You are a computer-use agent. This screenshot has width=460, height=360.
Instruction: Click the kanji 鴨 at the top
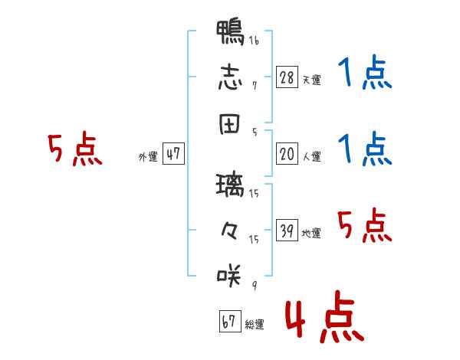[x=230, y=32]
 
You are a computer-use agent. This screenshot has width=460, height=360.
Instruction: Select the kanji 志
[x=230, y=77]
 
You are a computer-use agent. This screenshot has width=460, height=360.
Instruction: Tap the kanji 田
[x=229, y=124]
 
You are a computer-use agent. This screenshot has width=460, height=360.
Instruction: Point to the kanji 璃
[x=230, y=185]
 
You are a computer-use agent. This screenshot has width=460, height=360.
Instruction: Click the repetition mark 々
[x=229, y=231]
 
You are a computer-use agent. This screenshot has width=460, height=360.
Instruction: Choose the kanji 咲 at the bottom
[x=229, y=276]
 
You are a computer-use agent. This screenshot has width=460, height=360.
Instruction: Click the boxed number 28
[x=287, y=77]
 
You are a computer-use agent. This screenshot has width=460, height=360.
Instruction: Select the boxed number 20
[x=287, y=153]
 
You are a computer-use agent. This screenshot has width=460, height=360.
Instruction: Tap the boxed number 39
[x=287, y=230]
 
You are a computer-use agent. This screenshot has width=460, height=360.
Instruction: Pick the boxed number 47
[x=173, y=153]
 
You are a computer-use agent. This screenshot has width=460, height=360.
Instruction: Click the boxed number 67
[x=230, y=321]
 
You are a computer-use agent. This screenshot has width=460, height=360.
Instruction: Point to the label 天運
[x=312, y=80]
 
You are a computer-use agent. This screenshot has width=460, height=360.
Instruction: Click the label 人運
[x=312, y=156]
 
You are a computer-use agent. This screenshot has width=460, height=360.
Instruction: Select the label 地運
[x=311, y=233]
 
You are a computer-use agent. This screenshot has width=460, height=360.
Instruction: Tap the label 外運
[x=148, y=157]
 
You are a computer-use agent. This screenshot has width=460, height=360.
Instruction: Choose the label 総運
[x=255, y=325]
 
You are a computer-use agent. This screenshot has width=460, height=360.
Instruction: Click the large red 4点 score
[x=325, y=316]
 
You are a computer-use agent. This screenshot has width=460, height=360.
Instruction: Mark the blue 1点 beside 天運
[x=365, y=72]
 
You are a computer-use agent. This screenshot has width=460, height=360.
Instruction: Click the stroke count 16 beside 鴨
[x=254, y=40]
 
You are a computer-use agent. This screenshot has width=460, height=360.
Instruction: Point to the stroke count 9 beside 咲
[x=255, y=285]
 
